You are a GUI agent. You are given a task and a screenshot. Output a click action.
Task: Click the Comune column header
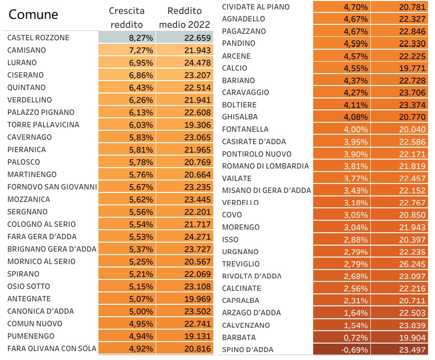(33, 14)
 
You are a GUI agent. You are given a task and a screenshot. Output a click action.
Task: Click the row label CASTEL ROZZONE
(38, 38)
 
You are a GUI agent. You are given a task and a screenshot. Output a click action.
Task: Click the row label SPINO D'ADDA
(248, 350)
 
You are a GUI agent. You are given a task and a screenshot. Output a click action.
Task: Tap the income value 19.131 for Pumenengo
(197, 336)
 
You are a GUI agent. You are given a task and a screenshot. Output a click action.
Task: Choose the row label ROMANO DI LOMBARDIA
(265, 166)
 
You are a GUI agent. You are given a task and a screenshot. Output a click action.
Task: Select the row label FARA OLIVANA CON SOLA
(52, 348)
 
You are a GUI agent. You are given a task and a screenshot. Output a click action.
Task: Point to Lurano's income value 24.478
(197, 63)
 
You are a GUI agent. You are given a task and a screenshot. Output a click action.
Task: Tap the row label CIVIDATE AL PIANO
(256, 7)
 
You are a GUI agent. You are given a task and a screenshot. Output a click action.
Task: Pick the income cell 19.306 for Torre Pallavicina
(197, 125)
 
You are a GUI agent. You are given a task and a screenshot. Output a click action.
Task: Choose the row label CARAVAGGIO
(246, 92)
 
